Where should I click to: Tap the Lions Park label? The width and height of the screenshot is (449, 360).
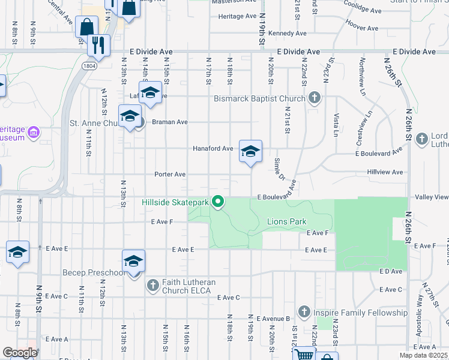[287, 221]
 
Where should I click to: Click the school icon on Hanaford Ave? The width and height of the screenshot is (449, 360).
[250, 151]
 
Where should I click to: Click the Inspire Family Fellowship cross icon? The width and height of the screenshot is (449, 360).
[304, 313]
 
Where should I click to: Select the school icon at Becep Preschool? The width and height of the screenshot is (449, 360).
[133, 262]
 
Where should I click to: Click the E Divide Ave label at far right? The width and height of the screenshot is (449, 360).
[414, 52]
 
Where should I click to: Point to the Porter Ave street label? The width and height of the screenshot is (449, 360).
[170, 174]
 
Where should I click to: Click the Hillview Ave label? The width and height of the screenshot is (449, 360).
[385, 172]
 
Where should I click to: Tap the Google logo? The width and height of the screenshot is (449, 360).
[20, 352]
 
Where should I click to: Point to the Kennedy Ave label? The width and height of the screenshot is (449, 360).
[288, 33]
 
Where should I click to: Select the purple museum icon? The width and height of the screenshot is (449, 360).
[34, 132]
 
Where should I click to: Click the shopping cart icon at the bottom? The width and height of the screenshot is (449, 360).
[304, 355]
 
